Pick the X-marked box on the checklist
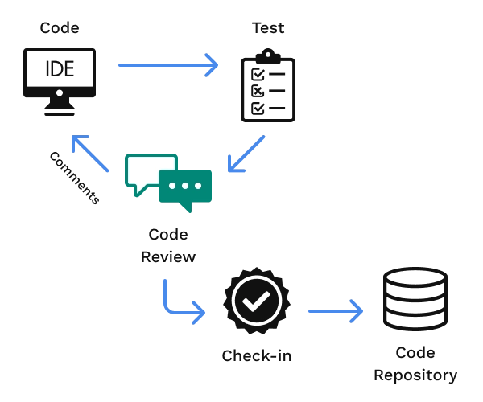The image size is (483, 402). pyautogui.click(x=258, y=90)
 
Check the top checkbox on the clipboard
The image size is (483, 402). pyautogui.click(x=258, y=73)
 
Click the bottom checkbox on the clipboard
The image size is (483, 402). pyautogui.click(x=258, y=107)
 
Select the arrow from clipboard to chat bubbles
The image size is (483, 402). pyautogui.click(x=246, y=154)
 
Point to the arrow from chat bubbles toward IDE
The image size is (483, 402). pyautogui.click(x=89, y=153)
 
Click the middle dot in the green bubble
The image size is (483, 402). pyautogui.click(x=186, y=186)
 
